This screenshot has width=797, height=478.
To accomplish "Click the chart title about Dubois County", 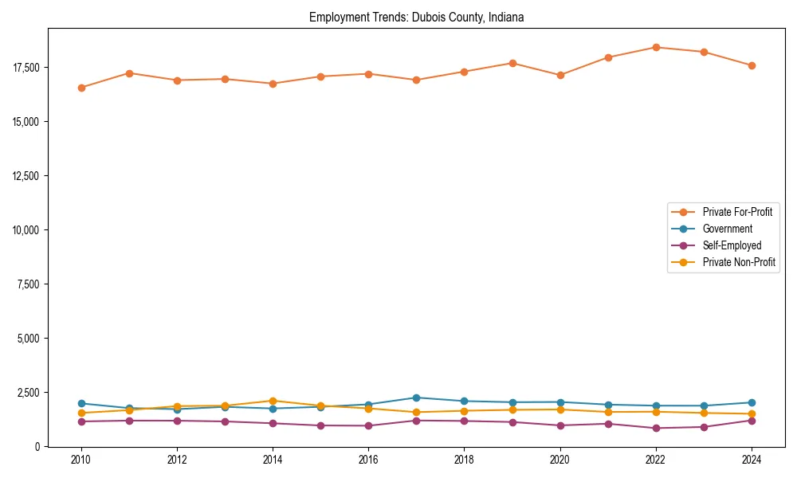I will click(x=416, y=17).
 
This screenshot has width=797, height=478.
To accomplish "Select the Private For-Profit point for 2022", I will click(x=656, y=47).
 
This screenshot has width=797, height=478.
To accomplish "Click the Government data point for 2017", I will click(x=416, y=398).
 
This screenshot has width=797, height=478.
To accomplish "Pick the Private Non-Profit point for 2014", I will click(x=273, y=401).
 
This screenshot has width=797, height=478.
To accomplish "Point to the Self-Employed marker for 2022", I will click(x=656, y=428).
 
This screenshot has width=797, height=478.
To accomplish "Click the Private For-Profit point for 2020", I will click(x=560, y=75).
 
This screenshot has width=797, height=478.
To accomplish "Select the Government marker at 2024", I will click(x=752, y=402).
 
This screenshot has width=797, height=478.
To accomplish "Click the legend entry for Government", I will click(x=727, y=229).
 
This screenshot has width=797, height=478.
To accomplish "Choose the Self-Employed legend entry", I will click(x=732, y=245).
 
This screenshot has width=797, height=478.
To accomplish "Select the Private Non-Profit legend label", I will click(x=739, y=262).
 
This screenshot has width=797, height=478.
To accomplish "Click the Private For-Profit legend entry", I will click(x=737, y=212).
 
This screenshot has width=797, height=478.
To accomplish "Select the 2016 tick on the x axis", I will click(x=368, y=460).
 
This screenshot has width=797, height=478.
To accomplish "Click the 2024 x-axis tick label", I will click(x=752, y=460).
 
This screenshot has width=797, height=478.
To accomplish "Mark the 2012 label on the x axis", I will click(x=177, y=460).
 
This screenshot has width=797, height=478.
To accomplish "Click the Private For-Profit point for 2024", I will click(x=752, y=65).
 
